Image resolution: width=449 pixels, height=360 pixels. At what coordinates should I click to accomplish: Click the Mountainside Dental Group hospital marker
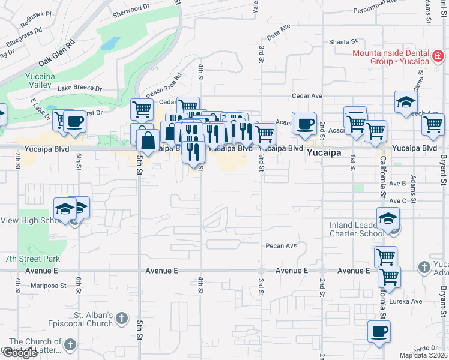(x=438, y=56)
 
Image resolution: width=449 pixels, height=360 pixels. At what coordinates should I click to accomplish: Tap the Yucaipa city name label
(x=324, y=153)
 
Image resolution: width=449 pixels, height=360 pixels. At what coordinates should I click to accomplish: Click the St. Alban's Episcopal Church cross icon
(x=121, y=317)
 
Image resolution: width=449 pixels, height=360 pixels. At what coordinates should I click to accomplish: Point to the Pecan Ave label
(x=282, y=245)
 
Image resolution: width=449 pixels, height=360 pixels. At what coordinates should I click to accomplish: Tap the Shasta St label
(x=343, y=42)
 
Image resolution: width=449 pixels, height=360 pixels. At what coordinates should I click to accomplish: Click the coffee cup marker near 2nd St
(x=304, y=124)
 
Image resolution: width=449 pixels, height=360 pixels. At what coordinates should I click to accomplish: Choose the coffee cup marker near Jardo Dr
(x=378, y=332)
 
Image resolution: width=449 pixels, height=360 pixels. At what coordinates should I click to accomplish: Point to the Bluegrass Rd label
(x=24, y=37)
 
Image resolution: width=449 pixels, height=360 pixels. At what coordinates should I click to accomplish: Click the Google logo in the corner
(x=19, y=353)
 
